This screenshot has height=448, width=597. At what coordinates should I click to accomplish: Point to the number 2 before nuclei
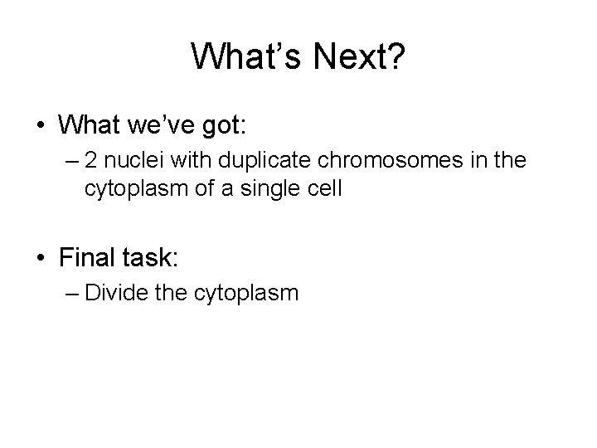coord(90,160)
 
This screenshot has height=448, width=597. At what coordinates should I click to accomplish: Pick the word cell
coord(320,188)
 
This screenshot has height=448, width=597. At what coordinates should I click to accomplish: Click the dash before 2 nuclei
coord(70,160)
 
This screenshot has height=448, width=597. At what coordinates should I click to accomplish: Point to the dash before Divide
coord(70,293)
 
